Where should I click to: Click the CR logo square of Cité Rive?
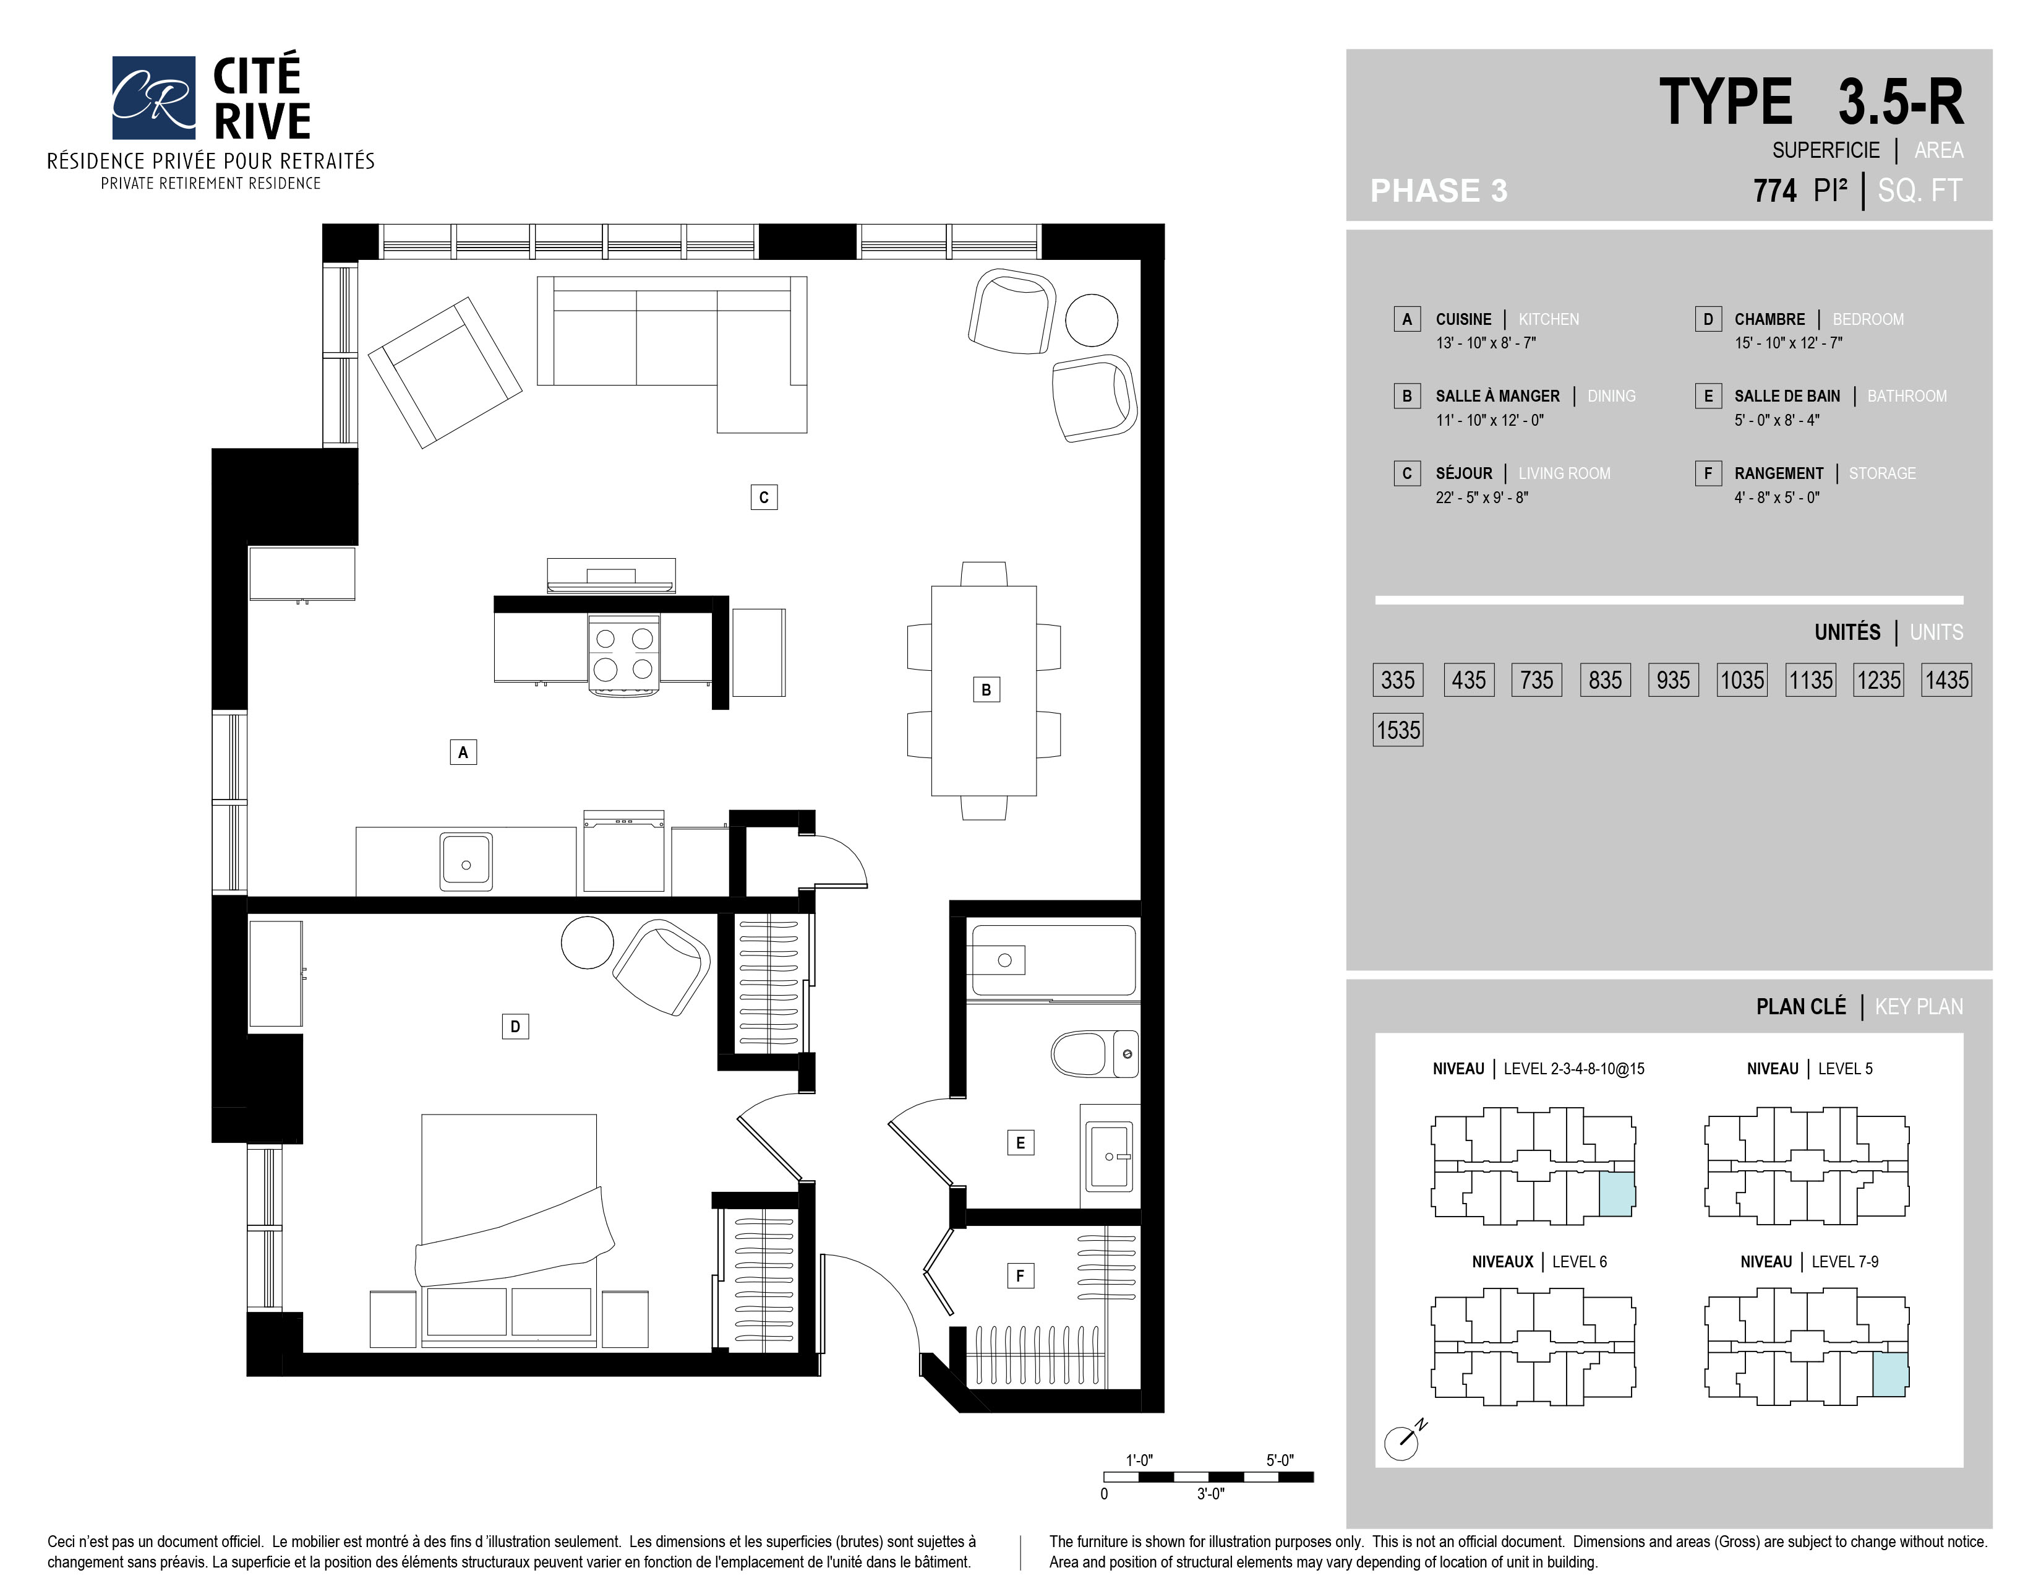point(153,97)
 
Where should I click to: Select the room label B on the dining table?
point(986,690)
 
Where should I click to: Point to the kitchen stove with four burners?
point(623,653)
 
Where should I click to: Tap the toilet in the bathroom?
point(1094,1054)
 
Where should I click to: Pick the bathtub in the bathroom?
point(1053,960)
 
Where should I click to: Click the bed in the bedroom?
point(509,1230)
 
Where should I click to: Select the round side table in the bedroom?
point(587,942)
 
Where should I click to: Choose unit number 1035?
point(1742,679)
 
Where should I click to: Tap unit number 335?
point(1398,679)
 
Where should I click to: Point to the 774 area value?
point(1774,191)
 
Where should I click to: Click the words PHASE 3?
point(1438,191)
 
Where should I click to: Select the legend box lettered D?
point(1708,319)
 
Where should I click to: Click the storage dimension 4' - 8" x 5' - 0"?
point(1776,498)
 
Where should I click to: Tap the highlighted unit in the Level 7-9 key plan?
point(1889,1374)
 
